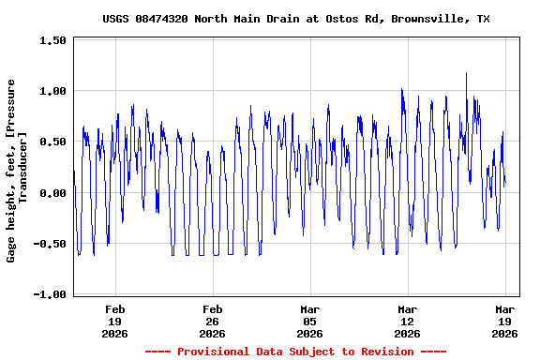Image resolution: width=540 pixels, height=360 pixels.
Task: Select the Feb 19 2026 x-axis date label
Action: (x=115, y=321)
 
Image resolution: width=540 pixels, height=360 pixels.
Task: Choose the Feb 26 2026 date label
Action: (x=213, y=321)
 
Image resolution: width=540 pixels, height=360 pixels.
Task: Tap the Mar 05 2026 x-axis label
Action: (x=310, y=321)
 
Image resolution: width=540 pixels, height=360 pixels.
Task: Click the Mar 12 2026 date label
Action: (x=408, y=321)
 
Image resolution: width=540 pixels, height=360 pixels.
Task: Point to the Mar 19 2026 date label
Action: (x=505, y=321)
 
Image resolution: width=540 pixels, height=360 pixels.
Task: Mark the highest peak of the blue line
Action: (x=466, y=73)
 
